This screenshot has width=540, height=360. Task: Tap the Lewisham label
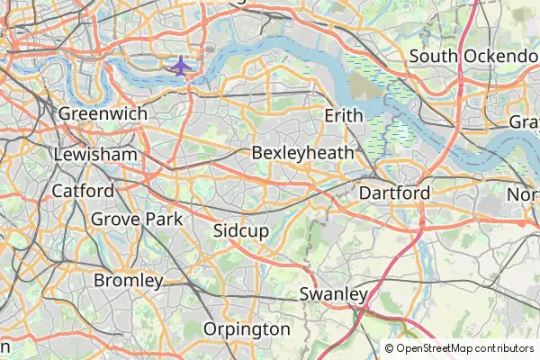pyautogui.click(x=95, y=155)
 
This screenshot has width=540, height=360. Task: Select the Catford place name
pyautogui.click(x=83, y=191)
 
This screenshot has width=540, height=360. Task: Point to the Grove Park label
pyautogui.click(x=137, y=219)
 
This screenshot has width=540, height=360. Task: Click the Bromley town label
pyautogui.click(x=129, y=281)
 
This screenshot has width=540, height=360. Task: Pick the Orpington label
pyautogui.click(x=247, y=329)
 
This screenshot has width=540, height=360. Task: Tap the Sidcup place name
pyautogui.click(x=241, y=231)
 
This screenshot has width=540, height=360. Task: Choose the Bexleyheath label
pyautogui.click(x=303, y=153)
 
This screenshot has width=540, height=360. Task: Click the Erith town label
pyautogui.click(x=344, y=116)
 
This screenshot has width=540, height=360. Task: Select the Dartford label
pyautogui.click(x=394, y=193)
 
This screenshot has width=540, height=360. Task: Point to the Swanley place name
pyautogui.click(x=334, y=294)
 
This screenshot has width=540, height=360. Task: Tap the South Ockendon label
pyautogui.click(x=473, y=57)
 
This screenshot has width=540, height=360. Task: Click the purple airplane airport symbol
pyautogui.click(x=181, y=66)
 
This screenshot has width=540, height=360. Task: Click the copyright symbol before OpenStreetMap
pyautogui.click(x=390, y=348)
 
